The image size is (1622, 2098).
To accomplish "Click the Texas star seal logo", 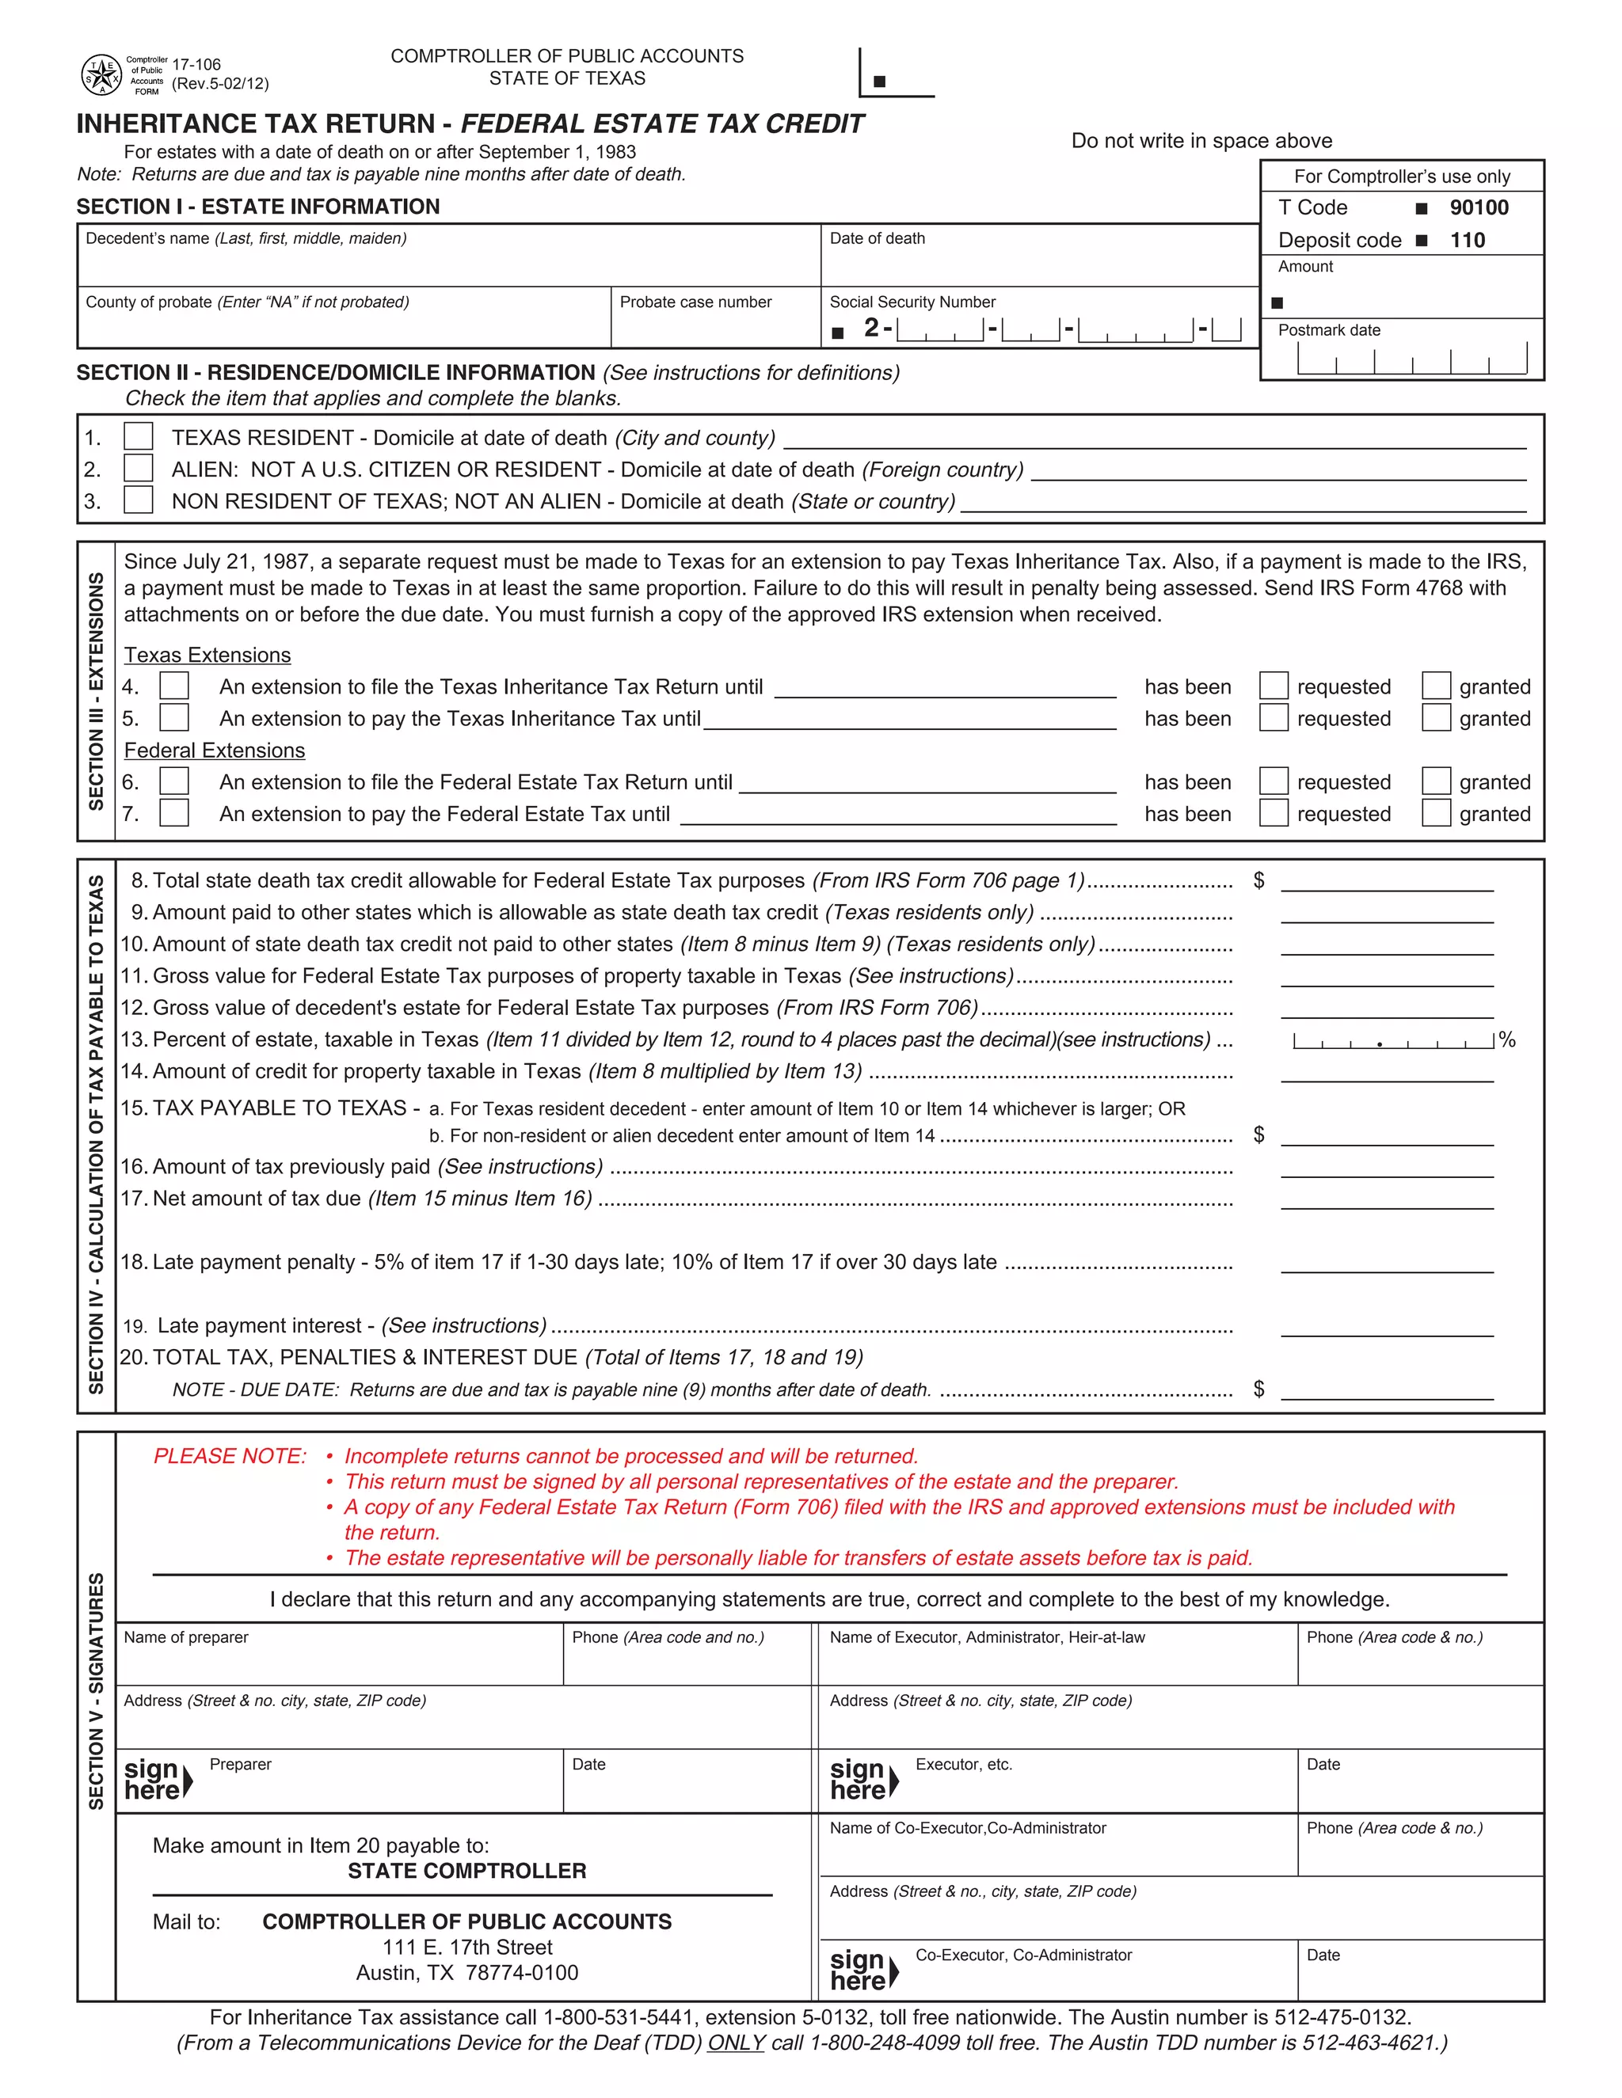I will (101, 75).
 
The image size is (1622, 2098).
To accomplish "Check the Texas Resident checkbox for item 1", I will (139, 437).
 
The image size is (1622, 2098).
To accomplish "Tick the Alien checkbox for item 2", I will (139, 469).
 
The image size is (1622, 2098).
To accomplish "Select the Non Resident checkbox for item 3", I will (139, 500).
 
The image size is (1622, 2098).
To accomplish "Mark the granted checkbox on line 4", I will (1436, 686).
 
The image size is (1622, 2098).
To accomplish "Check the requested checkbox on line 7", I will (1274, 814).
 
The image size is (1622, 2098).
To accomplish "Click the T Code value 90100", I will (1479, 207).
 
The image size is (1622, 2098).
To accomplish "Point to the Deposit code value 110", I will (1468, 240).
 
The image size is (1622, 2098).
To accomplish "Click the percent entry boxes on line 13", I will (1393, 1040).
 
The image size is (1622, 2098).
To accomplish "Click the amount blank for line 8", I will (1387, 881).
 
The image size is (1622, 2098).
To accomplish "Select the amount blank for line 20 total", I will (1387, 1389).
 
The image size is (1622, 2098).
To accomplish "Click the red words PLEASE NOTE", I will (230, 1456).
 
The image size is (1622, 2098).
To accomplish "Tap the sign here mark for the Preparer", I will (158, 1780).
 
